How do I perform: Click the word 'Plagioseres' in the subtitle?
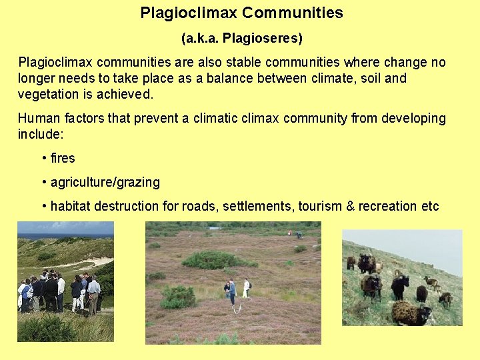pos(261,39)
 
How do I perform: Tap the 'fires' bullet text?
pos(63,158)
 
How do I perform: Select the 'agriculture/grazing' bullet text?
pos(105,182)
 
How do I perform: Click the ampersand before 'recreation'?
pos(351,206)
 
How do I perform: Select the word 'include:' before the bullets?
pos(41,134)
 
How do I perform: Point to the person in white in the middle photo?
pos(246,287)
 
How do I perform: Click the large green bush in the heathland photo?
pos(212,260)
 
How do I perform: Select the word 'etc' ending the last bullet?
pos(430,206)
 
